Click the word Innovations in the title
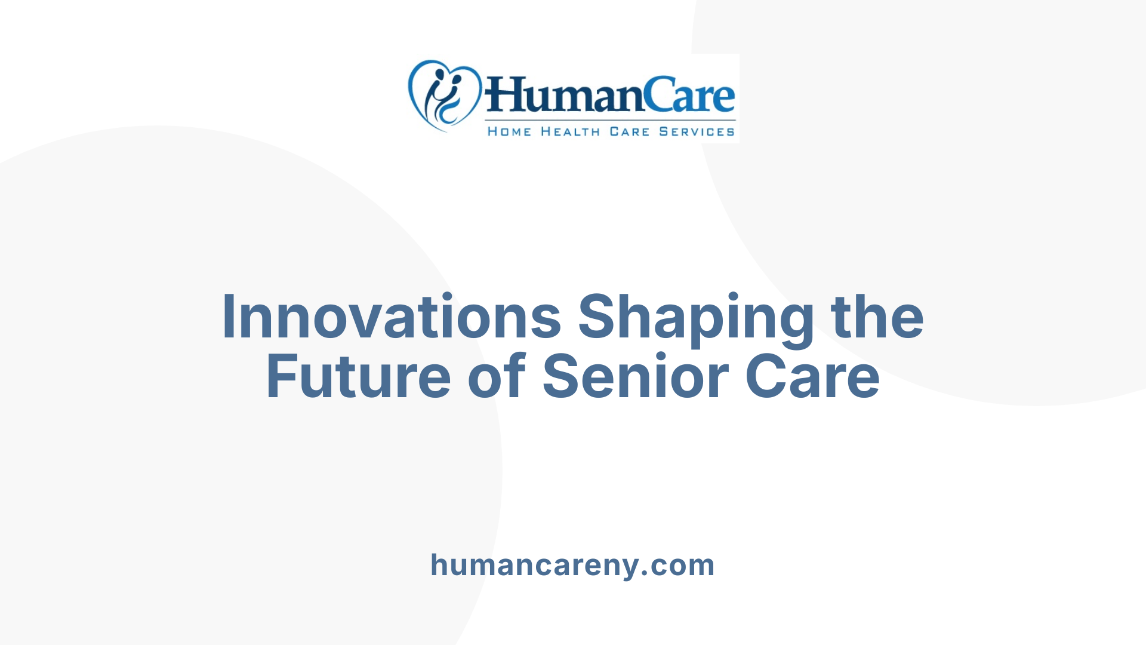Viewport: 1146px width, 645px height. [x=391, y=317]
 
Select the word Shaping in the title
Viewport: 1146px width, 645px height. [x=696, y=320]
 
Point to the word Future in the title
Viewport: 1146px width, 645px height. [x=358, y=377]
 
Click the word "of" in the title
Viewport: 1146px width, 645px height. [x=496, y=377]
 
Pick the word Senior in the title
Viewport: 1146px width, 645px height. [x=635, y=377]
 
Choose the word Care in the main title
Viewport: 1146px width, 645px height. [x=812, y=377]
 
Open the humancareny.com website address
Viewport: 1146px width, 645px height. [x=572, y=565]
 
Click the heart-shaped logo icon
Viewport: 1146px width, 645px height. [x=443, y=95]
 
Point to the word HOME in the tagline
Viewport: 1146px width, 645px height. [x=509, y=131]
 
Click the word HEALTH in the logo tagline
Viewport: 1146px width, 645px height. [x=570, y=131]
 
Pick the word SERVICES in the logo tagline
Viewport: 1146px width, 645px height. [x=697, y=131]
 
